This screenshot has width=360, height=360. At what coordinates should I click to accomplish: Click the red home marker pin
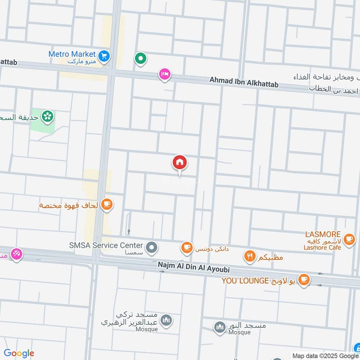pos(180,162)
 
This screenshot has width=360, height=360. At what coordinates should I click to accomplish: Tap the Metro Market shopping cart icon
pos(104,55)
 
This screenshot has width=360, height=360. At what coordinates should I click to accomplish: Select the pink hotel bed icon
pos(164,74)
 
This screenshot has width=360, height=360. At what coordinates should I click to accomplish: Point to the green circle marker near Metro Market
pos(141,58)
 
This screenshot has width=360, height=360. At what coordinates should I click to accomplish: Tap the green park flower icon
pos(47,117)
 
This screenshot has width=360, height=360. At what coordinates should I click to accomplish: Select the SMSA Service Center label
pos(106,246)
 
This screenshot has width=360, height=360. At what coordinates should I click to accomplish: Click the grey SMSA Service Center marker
pos(152,247)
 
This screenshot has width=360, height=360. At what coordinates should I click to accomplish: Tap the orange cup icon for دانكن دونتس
pos(186,247)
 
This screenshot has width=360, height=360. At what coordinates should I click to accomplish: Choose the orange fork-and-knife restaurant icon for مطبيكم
pos(249,256)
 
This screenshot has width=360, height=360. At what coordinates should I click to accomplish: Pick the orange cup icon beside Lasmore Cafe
pos(349,239)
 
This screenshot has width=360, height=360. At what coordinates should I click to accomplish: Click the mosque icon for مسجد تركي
pos(166,320)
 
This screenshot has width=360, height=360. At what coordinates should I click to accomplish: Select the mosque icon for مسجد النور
pos(220,327)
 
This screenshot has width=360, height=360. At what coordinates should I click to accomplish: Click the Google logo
pos(19,353)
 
